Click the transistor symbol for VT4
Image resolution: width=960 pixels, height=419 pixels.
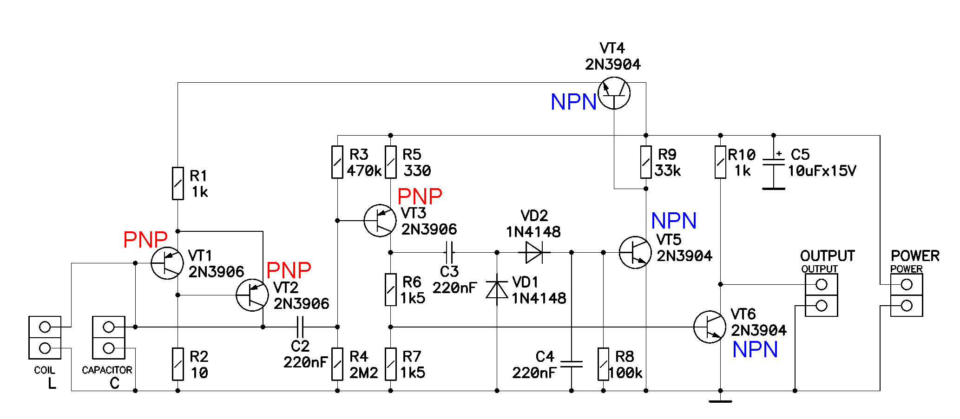coord(614,93)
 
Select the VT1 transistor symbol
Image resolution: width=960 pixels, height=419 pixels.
coord(167,263)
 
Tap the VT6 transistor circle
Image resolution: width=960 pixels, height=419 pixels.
coord(710,327)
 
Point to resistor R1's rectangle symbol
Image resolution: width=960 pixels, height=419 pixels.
coord(178,183)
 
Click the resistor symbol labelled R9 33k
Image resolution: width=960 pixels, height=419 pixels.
coord(646,162)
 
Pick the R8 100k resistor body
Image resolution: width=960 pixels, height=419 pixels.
coord(603,364)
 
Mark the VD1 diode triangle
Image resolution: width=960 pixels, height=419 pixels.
coord(497,290)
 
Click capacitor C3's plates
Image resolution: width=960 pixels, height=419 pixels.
coord(449,253)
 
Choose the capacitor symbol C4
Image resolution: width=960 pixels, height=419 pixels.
coord(572,364)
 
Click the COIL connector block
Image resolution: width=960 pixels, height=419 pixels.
coord(45,338)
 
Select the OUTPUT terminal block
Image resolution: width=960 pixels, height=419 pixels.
coord(822,295)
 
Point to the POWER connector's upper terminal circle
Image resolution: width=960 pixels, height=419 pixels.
coord(907,285)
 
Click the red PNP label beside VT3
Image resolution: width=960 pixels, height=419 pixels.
coord(420,196)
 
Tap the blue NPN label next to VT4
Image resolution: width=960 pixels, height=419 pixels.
coord(573,102)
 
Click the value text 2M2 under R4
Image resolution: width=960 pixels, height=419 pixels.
coord(363,373)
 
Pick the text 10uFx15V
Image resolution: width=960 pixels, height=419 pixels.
coord(822,171)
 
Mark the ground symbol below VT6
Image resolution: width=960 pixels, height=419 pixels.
coord(720,401)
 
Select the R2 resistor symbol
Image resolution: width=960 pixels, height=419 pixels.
coord(178,364)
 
